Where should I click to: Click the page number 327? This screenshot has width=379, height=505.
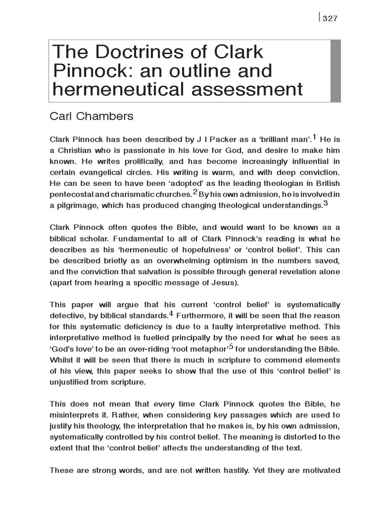[330, 19]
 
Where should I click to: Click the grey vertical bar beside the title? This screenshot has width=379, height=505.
[336, 71]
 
